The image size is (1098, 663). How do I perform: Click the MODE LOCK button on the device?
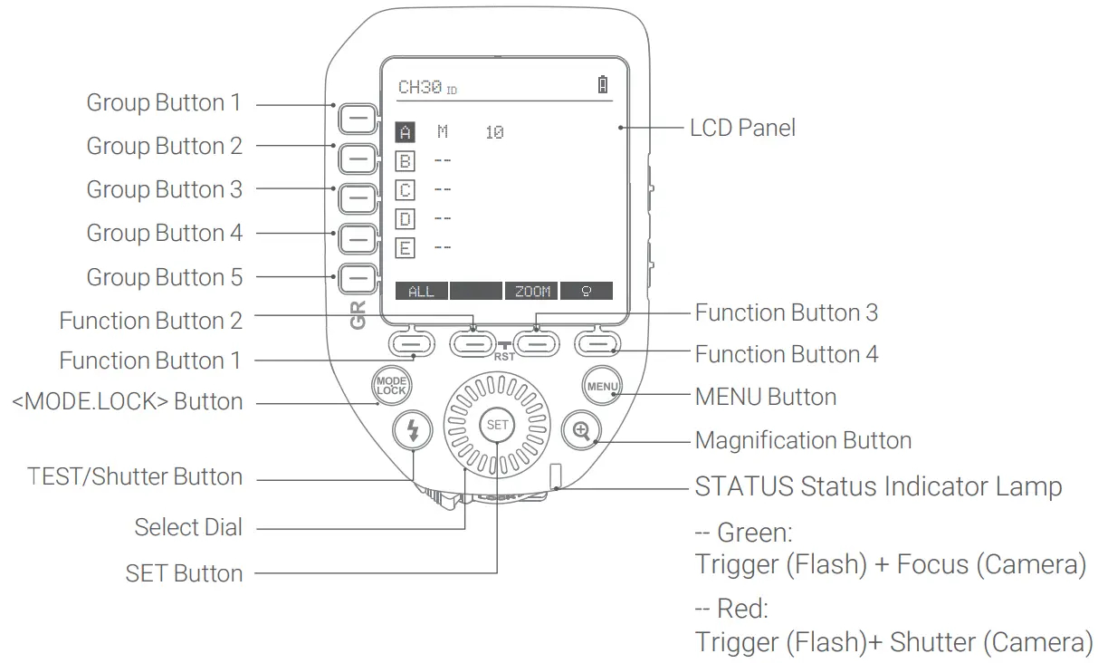(391, 385)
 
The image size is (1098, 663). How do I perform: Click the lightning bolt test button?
(414, 431)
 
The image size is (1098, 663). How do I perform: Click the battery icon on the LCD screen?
(603, 86)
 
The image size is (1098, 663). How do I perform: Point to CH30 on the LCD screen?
(420, 87)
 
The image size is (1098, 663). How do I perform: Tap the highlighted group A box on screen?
(406, 133)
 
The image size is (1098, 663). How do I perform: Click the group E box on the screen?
(406, 246)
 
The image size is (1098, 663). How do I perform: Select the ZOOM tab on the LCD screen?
(532, 291)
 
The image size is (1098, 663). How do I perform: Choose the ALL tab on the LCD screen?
(421, 291)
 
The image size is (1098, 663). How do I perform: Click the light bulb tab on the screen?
(586, 291)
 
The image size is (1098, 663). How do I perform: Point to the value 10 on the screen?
(494, 133)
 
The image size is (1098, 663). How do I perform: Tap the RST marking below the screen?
(504, 357)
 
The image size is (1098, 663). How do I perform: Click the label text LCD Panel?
(742, 128)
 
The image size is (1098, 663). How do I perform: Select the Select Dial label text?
(188, 527)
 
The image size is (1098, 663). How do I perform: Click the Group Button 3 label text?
(164, 189)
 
